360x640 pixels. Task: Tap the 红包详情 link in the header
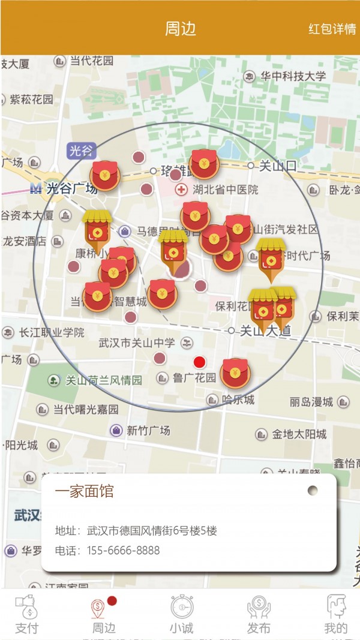[332, 29]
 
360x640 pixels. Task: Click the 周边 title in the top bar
[180, 29]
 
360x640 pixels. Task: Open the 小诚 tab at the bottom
[181, 614]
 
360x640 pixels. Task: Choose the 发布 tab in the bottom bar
[259, 614]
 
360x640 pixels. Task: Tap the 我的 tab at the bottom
[335, 614]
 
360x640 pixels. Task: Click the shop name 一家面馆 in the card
[84, 492]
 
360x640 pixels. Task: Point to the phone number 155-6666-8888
[124, 551]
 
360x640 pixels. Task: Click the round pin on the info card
[313, 491]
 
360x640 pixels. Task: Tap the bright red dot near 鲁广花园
[199, 362]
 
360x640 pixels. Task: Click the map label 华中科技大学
[293, 76]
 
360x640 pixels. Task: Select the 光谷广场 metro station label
[71, 188]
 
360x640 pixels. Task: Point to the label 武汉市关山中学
[137, 343]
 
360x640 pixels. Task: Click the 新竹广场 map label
[148, 430]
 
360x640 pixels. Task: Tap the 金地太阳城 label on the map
[299, 434]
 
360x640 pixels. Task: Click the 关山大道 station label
[265, 330]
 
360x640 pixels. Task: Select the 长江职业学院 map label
[52, 332]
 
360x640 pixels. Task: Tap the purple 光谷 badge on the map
[81, 151]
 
